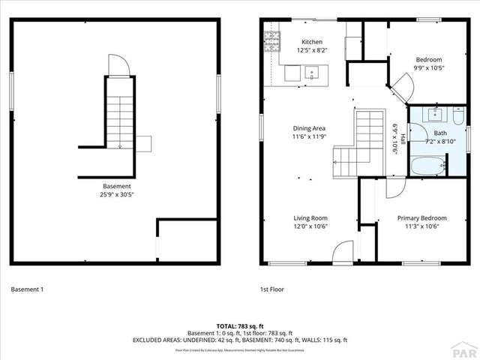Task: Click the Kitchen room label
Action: click(312, 42)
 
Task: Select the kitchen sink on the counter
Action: click(313, 73)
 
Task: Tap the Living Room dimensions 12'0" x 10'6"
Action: click(310, 226)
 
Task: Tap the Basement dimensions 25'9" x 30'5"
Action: click(117, 193)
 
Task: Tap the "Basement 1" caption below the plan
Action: click(28, 289)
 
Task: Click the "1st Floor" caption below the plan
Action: click(272, 289)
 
